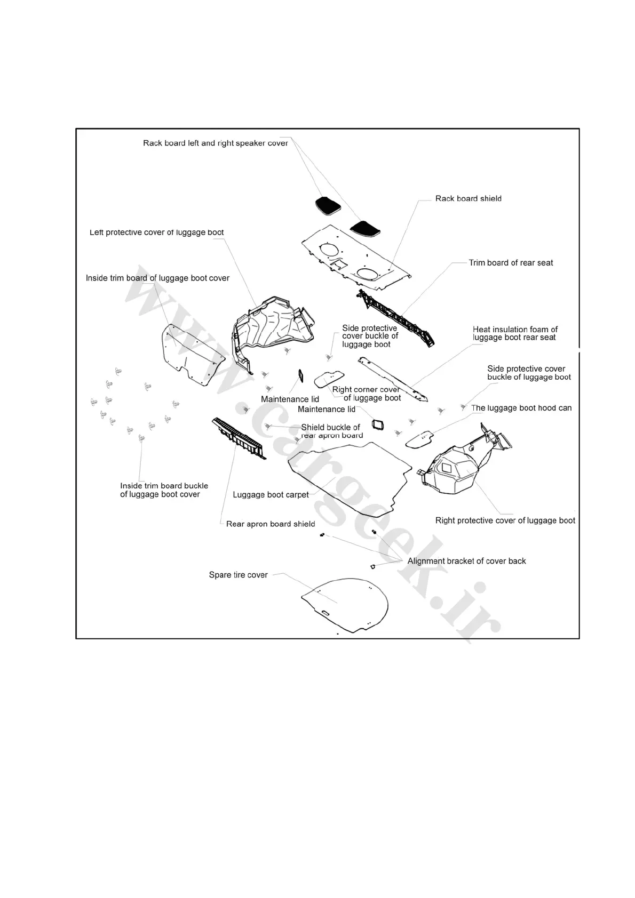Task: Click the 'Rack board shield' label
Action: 468,198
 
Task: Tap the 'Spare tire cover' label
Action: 238,575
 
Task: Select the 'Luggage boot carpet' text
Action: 271,495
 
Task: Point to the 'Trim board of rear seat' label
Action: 511,263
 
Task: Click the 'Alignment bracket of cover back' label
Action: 466,561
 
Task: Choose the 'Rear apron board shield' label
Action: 271,524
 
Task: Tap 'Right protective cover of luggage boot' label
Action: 505,520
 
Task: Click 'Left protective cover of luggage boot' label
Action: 156,232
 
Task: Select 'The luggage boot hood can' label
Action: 521,408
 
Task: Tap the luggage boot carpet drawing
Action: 350,475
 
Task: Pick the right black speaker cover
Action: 366,228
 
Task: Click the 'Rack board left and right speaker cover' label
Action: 215,143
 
